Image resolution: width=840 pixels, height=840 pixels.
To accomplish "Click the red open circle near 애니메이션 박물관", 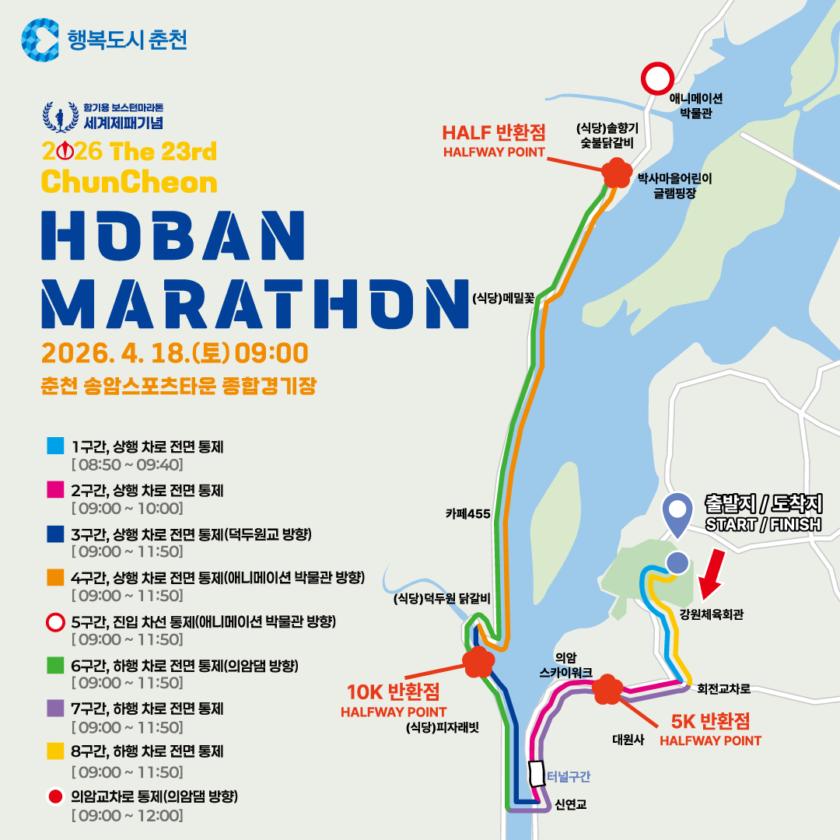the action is point(656,79).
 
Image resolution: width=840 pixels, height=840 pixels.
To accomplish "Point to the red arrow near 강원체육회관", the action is point(711,576).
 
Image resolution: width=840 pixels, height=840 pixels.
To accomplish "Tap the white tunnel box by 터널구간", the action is point(537,774).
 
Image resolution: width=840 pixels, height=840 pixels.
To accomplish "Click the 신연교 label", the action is point(571,804).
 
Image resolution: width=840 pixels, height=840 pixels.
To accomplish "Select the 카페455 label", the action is point(467,513).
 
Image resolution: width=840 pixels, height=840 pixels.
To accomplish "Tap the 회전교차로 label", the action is point(723,688).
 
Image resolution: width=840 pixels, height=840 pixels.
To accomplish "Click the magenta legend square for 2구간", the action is point(55,491).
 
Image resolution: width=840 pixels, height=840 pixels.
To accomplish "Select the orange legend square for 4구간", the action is point(55,578).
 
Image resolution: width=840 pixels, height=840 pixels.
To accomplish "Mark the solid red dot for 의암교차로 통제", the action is point(55,796).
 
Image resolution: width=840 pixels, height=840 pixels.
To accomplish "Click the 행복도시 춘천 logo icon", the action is point(40,40).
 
